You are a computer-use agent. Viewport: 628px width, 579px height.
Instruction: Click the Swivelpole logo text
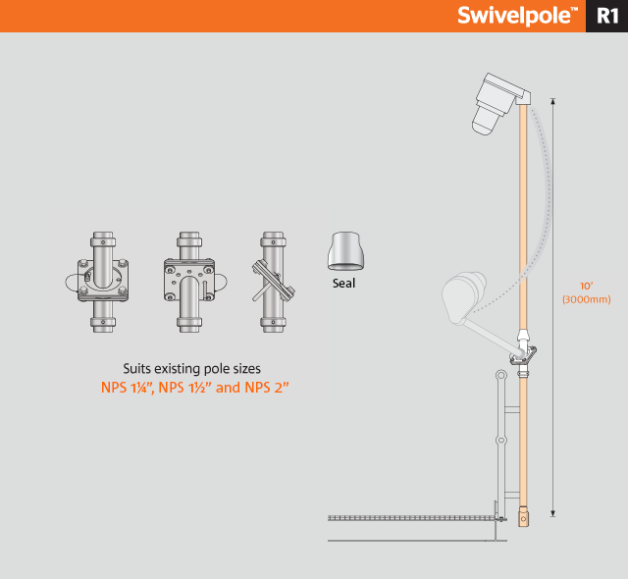point(517,16)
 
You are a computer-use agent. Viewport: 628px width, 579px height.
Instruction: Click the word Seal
point(343,283)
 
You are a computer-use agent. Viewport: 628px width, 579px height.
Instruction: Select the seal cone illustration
point(346,250)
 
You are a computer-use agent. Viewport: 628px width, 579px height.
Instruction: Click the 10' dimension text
point(587,286)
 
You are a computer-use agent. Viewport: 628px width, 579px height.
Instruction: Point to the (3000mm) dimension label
point(587,299)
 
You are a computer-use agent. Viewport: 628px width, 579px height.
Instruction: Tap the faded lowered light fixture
point(463,296)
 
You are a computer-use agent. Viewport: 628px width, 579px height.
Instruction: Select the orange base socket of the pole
point(523,516)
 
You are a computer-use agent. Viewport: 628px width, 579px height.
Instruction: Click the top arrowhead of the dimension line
point(553,101)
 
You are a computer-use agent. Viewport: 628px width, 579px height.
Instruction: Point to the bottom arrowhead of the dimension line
point(553,513)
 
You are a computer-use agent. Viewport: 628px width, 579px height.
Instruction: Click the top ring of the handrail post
point(501,375)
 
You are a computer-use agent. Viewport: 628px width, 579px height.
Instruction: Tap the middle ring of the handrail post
point(501,440)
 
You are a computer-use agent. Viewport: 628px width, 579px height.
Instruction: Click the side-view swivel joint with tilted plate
point(274,282)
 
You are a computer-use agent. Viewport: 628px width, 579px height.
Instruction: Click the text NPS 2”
point(267,388)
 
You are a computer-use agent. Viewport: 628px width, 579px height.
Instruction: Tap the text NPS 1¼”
point(128,388)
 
